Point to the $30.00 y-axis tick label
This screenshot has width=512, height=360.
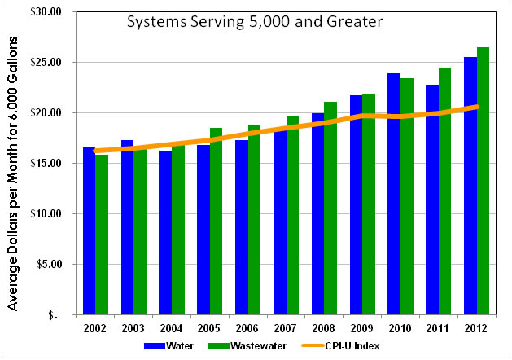(46, 12)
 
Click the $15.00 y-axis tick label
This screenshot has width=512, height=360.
(46, 164)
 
